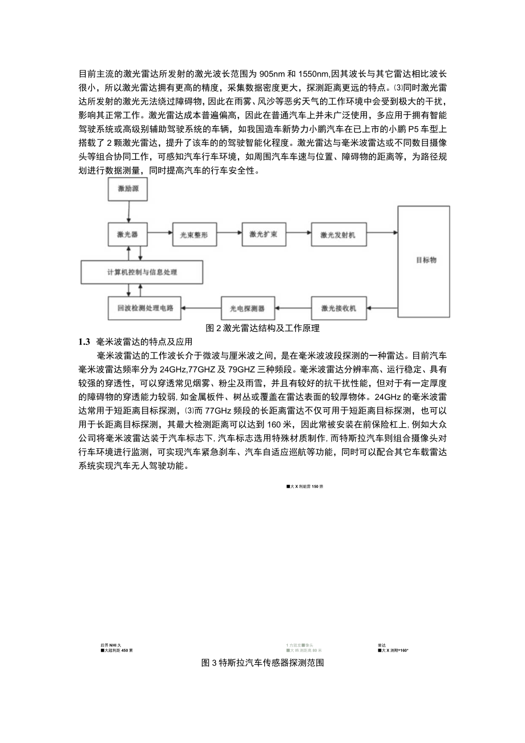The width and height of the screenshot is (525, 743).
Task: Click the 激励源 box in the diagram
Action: pos(128,189)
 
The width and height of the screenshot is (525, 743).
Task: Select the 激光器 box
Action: pos(128,234)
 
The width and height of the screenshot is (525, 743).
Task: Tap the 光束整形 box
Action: pos(192,234)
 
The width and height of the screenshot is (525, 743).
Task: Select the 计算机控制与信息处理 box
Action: pos(142,272)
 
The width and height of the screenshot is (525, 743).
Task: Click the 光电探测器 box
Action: pos(248,308)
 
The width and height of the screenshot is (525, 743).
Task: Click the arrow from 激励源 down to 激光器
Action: pos(128,212)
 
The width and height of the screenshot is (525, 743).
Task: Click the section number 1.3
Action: pos(84,342)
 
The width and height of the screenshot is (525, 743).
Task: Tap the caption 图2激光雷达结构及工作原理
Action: pos(262,328)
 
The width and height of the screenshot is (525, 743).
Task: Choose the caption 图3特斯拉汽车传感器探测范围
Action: pos(262,664)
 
